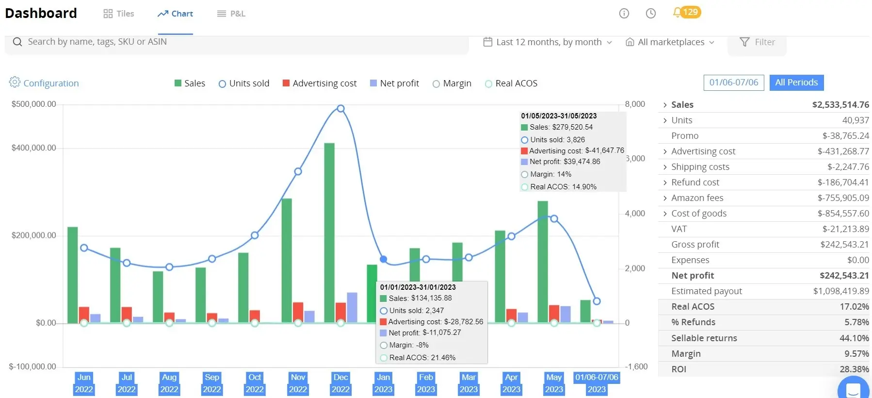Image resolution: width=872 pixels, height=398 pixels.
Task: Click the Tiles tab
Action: point(118,14)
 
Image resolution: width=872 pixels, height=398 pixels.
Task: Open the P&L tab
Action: point(231,14)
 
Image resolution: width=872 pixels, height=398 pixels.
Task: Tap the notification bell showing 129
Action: point(686,12)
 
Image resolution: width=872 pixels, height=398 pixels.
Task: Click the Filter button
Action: point(757,42)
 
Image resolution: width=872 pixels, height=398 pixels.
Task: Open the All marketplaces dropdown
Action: point(670,42)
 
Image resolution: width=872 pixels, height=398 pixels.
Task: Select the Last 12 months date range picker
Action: point(548,42)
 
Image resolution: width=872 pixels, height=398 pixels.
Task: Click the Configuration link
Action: point(44,83)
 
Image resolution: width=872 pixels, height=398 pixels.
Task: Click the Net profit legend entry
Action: point(394,83)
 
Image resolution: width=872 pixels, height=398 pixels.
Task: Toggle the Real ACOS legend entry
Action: point(511,83)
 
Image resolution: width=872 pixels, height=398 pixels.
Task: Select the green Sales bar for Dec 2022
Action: point(329,233)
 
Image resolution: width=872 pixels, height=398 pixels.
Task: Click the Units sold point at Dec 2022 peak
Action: point(340,109)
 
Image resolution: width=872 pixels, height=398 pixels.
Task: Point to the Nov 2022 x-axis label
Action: point(298,383)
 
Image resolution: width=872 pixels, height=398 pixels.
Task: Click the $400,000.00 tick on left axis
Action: point(34,148)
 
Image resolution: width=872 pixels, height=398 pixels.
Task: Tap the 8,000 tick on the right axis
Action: point(635,104)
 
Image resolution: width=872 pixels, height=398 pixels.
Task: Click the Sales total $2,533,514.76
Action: point(840,105)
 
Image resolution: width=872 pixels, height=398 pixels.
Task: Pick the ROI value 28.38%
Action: point(854,369)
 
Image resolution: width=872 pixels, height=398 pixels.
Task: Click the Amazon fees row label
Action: point(697,198)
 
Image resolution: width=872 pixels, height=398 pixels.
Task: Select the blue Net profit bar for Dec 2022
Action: point(352,308)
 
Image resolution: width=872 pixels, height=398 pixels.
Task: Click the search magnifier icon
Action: point(17,42)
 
